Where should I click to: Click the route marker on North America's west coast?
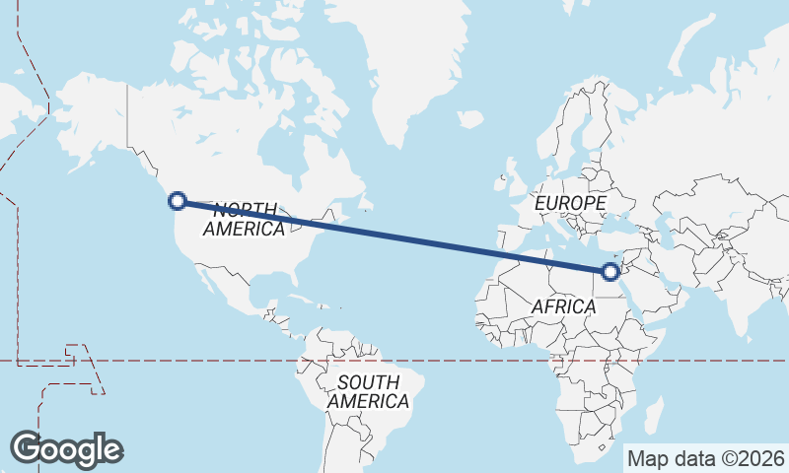click(x=178, y=201)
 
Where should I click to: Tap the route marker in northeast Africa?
click(x=611, y=271)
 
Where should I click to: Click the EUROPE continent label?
click(x=570, y=203)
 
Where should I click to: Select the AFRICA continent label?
click(x=563, y=306)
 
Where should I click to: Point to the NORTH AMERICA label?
click(x=245, y=219)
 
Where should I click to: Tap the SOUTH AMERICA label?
click(x=368, y=391)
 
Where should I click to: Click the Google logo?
click(x=66, y=448)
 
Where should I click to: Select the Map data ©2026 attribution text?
click(x=705, y=458)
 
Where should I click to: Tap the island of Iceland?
click(x=470, y=120)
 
